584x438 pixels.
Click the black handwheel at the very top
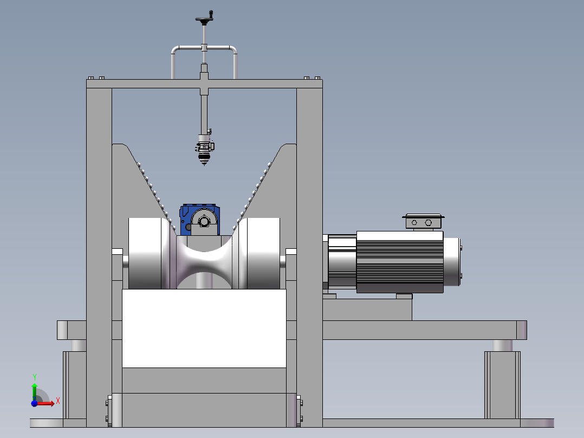(x=204, y=18)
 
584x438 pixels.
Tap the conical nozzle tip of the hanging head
(x=204, y=160)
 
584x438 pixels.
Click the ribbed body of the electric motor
(x=400, y=262)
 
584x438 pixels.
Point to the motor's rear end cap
(x=452, y=262)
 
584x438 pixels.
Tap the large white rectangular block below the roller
(x=204, y=328)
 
